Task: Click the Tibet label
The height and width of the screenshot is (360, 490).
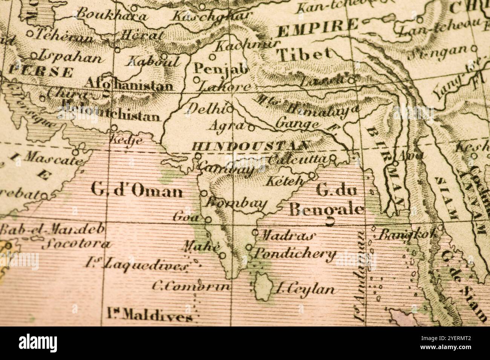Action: pos(305,55)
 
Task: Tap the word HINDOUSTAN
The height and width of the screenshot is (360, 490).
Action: pos(251,146)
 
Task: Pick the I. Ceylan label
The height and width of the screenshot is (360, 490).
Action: pos(305,289)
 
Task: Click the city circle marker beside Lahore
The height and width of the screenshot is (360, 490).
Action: pos(196,79)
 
